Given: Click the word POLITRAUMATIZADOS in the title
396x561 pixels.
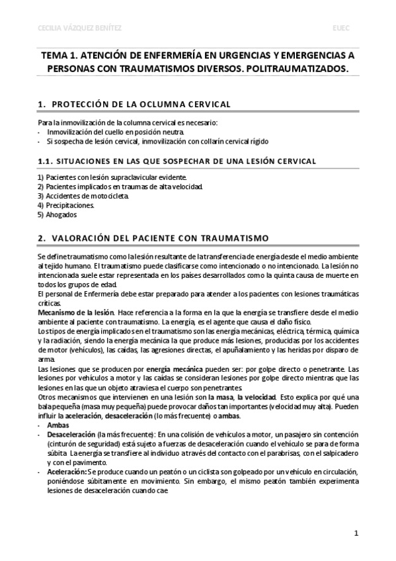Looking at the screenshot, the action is (x=295, y=69).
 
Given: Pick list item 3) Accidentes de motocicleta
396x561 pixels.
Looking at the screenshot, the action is (x=84, y=196).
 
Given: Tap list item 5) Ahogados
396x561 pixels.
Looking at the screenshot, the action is (x=58, y=214).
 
